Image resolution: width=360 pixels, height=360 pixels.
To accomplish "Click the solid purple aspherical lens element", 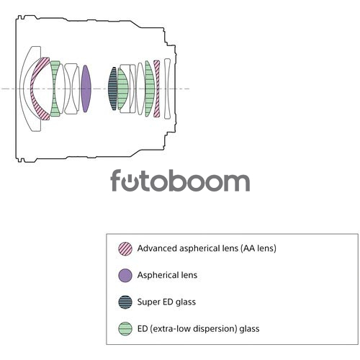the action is (x=86, y=89).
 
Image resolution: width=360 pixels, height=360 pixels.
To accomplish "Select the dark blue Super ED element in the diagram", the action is (x=112, y=89).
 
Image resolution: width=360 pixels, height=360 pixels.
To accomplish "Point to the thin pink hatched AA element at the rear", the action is (x=157, y=89).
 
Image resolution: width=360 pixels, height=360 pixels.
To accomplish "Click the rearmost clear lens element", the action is (x=167, y=89).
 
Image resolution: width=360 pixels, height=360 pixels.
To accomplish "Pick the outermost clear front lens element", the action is (x=23, y=89).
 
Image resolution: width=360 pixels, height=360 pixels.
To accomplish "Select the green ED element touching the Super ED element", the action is (x=122, y=89).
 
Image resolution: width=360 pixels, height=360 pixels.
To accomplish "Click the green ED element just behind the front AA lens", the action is (x=55, y=89).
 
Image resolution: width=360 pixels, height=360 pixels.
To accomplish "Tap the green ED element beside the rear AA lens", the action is (x=149, y=89).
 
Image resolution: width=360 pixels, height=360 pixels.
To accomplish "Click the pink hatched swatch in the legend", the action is (x=125, y=248).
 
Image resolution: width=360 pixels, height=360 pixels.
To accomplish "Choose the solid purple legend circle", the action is (x=125, y=275).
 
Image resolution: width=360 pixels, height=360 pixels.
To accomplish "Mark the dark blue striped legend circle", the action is (x=125, y=302).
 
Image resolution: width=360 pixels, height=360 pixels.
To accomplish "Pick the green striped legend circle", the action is (x=125, y=329).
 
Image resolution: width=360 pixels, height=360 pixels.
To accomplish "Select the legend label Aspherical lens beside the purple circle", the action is (x=167, y=275).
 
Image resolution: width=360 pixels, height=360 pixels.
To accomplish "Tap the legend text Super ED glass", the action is (x=166, y=302).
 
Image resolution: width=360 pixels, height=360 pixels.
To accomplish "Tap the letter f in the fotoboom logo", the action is (x=116, y=180).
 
